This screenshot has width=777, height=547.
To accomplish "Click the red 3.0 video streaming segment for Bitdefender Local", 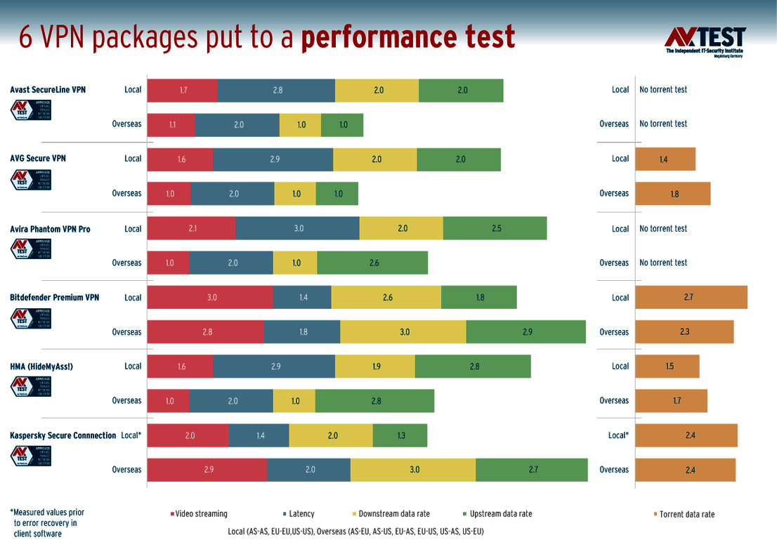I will point(210,297).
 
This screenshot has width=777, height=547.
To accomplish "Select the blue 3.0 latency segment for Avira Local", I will point(297,228).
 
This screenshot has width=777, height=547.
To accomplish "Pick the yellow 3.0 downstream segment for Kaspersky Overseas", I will point(413,470).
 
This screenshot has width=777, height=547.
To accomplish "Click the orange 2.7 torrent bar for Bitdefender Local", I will point(691,297).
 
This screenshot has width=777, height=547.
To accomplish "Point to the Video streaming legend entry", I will point(199,514).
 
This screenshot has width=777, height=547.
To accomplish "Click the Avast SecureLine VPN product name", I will point(48,90).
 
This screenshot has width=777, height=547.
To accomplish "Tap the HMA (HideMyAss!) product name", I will point(41,367).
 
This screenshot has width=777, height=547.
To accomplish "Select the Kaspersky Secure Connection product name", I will point(63,435).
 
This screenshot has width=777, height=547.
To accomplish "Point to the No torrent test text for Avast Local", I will point(662,90).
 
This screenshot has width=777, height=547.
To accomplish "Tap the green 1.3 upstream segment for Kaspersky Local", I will point(400,435).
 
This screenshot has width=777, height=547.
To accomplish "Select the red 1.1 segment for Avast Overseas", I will point(171,124).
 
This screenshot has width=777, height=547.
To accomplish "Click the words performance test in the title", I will point(407,37).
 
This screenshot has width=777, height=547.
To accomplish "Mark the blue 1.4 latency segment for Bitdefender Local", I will point(302,297).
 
